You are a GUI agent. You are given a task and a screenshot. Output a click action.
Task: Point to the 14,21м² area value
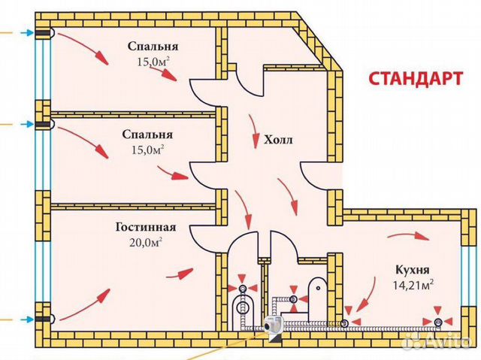coord(413,285)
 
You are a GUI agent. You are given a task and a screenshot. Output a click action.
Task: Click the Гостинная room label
coord(146,227)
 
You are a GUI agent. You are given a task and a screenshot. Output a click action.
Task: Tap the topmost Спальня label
coord(153,47)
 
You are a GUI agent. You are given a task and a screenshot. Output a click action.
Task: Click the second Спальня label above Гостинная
coord(147,135)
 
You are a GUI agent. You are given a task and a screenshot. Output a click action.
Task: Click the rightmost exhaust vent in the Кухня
coord(438,322)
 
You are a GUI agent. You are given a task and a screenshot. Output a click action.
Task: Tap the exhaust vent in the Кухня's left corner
coord(344,322)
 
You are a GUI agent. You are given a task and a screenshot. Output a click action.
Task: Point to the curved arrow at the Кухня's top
coord(409,237)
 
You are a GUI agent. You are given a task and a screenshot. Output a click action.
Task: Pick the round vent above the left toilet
coord(242,288)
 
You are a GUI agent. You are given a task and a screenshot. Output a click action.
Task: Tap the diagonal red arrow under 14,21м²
coord(368,294)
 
